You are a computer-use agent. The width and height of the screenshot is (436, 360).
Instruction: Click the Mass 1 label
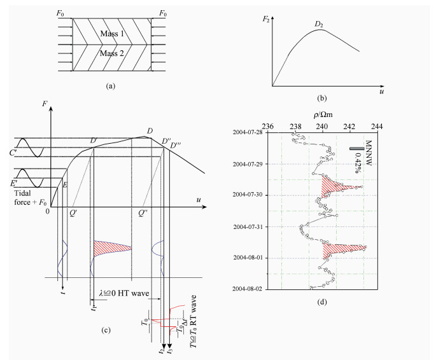click(x=112, y=34)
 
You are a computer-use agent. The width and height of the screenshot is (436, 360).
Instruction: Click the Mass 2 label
click(x=112, y=53)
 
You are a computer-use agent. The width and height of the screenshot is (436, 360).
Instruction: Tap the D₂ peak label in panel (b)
click(x=319, y=24)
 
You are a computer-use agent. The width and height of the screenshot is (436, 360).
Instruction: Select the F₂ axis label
click(x=266, y=20)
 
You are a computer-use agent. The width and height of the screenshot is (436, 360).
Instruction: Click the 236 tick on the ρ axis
click(x=268, y=127)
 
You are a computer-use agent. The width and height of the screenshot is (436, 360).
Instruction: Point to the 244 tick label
click(x=377, y=127)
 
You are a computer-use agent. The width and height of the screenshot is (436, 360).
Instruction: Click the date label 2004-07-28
click(x=248, y=132)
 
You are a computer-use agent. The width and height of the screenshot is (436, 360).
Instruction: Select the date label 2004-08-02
click(x=248, y=289)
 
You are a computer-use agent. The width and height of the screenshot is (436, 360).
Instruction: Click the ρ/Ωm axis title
click(x=323, y=114)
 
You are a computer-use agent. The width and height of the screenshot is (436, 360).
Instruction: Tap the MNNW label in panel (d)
click(x=369, y=153)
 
